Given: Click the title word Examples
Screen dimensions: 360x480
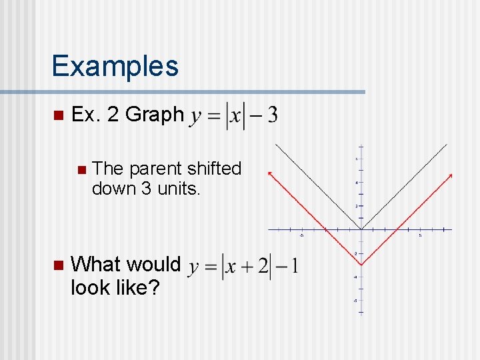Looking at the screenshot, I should (115, 66).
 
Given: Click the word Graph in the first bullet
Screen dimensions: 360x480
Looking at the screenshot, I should (155, 115).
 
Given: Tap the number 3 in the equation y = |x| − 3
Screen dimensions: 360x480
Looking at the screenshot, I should (272, 115).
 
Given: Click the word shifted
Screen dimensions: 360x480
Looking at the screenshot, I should (215, 169).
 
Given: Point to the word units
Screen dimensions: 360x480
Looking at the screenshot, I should (179, 189).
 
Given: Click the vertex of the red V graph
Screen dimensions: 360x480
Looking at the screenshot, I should (361, 265).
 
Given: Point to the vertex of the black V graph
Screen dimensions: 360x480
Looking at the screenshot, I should (361, 230).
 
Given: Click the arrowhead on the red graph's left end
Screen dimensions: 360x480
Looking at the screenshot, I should (269, 173).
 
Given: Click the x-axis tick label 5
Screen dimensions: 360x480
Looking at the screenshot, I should (421, 235).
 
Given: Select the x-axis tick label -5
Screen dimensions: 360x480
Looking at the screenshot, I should (301, 235).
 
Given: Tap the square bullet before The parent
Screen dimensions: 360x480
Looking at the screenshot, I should (81, 169).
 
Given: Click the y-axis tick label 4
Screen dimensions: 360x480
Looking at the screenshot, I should (356, 182).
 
